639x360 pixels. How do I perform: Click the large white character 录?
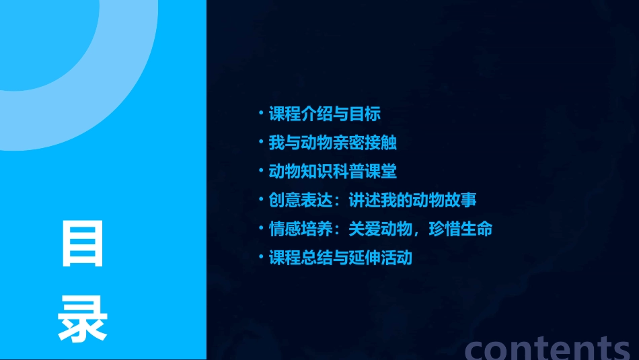point(83,319)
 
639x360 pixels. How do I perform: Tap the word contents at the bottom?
point(548,347)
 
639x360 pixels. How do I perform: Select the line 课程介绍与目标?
point(324,114)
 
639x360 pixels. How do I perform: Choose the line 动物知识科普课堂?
point(332,172)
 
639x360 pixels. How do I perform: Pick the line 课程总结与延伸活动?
point(340,258)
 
